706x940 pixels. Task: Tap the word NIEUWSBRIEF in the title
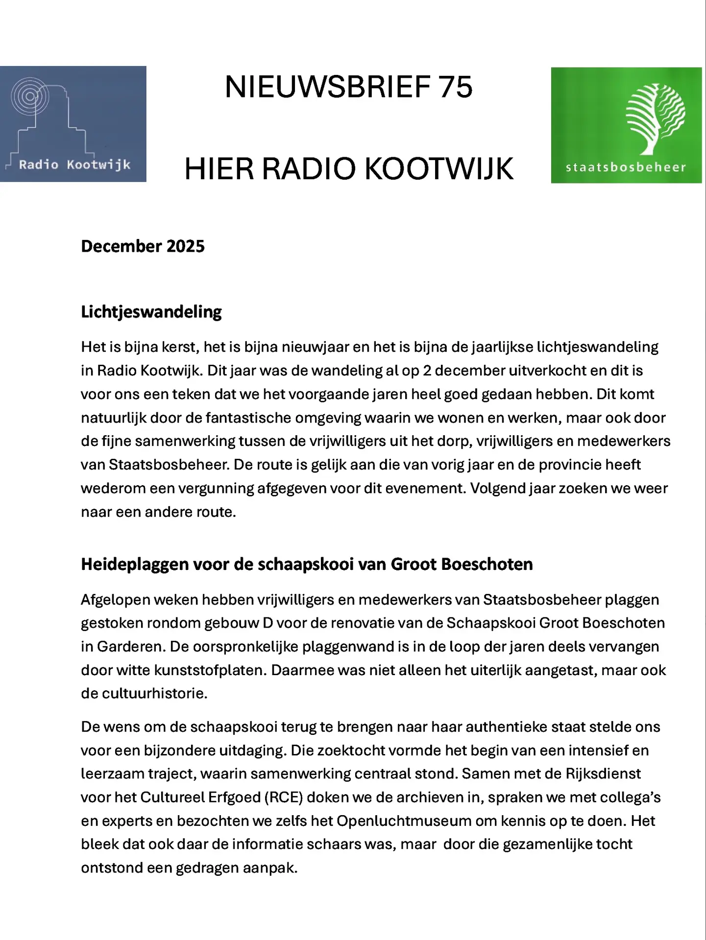(327, 87)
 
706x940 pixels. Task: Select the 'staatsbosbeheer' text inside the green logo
(626, 167)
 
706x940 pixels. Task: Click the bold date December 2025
(143, 246)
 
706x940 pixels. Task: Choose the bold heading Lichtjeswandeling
(151, 312)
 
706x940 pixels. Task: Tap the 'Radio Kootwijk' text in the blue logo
(74, 164)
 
